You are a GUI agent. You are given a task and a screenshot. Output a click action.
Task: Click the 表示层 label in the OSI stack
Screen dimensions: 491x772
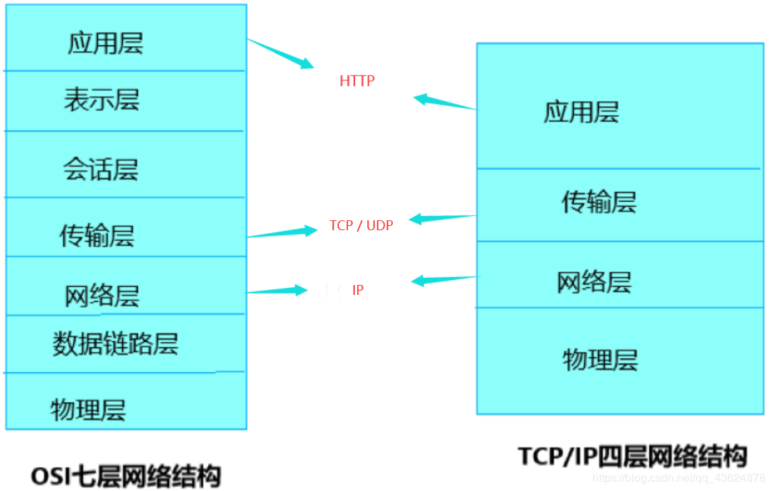click(x=102, y=100)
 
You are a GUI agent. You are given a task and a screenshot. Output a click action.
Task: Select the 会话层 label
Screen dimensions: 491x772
click(x=100, y=169)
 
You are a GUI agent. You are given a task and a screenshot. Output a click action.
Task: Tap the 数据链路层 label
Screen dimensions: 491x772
click(x=115, y=343)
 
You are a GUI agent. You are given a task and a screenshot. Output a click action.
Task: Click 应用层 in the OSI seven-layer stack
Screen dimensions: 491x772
click(x=105, y=43)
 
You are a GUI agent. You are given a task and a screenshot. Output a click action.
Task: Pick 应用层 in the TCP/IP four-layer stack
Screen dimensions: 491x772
click(x=581, y=112)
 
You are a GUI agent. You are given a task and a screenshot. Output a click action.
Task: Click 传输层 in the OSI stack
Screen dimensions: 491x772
click(x=97, y=235)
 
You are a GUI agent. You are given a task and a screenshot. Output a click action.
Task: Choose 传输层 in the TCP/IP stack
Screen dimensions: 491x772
click(x=599, y=203)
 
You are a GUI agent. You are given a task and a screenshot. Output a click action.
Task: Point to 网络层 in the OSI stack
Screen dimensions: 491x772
click(x=102, y=295)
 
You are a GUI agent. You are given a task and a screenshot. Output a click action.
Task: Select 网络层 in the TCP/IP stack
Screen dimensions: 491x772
click(x=594, y=282)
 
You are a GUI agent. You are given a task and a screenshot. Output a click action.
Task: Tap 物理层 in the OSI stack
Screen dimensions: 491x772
click(x=88, y=409)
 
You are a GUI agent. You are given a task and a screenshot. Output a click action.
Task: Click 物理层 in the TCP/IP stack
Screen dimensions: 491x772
click(x=600, y=359)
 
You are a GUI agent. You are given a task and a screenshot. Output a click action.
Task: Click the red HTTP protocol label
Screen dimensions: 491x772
click(x=357, y=81)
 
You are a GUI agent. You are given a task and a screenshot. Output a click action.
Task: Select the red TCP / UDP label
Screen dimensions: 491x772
click(x=361, y=225)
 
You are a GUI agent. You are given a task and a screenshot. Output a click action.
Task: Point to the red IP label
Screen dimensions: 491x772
click(x=358, y=290)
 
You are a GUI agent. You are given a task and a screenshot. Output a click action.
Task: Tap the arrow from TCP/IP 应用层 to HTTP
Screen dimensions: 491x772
click(x=445, y=104)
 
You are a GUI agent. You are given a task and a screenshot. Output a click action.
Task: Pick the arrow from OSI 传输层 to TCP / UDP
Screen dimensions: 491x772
click(x=283, y=232)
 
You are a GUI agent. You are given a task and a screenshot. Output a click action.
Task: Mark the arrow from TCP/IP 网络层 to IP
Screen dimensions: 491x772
click(x=445, y=279)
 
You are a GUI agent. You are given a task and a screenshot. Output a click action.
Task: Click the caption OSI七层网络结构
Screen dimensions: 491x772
click(x=126, y=475)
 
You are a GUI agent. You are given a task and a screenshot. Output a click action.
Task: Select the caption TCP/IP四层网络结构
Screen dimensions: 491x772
click(x=631, y=455)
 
